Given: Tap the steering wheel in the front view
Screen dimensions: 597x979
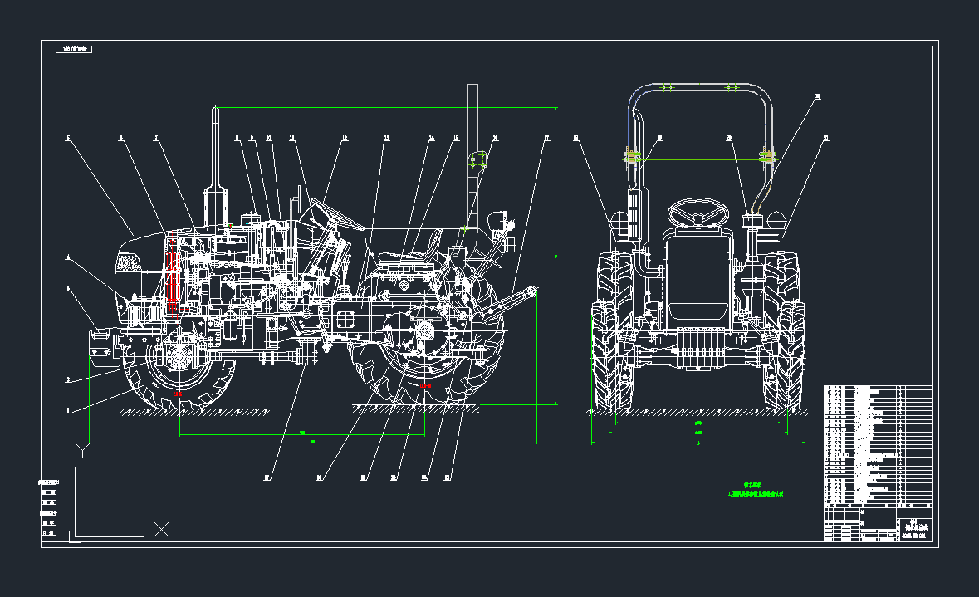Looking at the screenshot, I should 698,213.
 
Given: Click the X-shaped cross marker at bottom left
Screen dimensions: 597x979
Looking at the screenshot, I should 162,529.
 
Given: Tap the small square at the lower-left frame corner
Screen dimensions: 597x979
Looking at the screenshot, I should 75,536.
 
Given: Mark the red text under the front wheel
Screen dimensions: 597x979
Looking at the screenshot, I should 179,394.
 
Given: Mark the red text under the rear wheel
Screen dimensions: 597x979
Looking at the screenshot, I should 424,386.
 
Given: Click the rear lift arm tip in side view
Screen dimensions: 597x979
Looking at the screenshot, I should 532,291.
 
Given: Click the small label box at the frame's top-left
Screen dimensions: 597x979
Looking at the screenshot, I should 74,50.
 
